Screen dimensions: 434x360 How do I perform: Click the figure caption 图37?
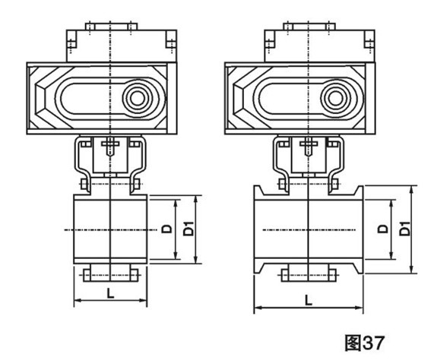click(x=365, y=343)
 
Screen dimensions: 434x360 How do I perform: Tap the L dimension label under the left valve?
click(x=110, y=293)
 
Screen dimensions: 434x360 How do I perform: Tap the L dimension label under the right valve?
click(x=309, y=300)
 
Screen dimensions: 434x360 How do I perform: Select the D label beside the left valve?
click(x=167, y=229)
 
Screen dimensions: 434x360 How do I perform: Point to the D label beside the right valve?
click(x=383, y=229)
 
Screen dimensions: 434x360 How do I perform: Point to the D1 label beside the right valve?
click(x=405, y=228)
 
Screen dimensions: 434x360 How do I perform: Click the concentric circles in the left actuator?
click(x=138, y=98)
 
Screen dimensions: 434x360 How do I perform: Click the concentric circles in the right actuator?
click(x=336, y=98)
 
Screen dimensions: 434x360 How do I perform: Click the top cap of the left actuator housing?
click(x=111, y=27)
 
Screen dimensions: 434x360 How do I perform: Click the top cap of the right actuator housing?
click(x=309, y=27)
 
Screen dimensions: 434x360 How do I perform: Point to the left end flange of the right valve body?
click(x=258, y=229)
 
